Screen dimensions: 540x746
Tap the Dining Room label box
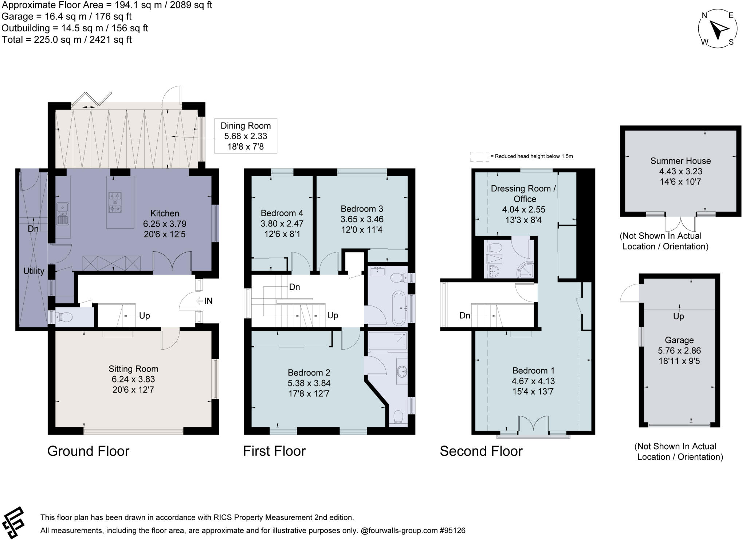tap(246, 136)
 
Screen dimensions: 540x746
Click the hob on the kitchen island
tap(115, 202)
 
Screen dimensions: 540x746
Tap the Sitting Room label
tap(133, 369)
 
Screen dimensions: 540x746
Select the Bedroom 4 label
tap(282, 213)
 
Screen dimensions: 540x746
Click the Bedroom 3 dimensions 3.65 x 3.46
tap(362, 219)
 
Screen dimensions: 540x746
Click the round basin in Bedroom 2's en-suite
tap(402, 372)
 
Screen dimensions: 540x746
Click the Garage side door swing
tap(629, 294)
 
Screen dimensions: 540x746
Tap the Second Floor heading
tap(481, 451)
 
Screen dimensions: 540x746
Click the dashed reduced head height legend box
tap(479, 156)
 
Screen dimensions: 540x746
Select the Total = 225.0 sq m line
tap(67, 40)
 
